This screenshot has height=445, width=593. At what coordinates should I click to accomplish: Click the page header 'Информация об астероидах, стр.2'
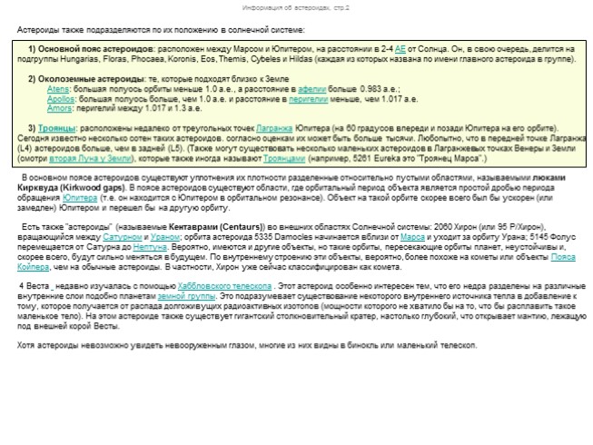296,7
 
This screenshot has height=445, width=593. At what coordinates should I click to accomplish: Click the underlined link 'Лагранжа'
274,127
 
